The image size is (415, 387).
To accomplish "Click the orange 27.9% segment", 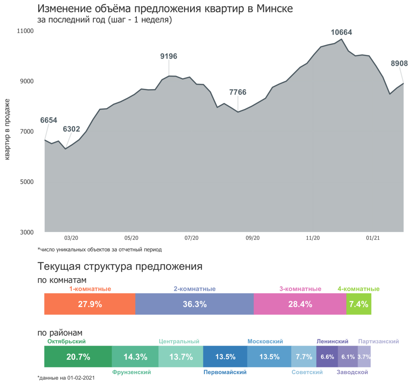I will pyautogui.click(x=90, y=304).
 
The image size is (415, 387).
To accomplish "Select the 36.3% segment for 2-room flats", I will pyautogui.click(x=194, y=304).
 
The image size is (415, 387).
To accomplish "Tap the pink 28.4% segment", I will pyautogui.click(x=300, y=304).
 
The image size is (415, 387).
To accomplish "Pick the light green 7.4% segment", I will pyautogui.click(x=359, y=304).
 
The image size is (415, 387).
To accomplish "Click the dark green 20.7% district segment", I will pyautogui.click(x=78, y=357).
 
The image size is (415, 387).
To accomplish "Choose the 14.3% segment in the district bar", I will pyautogui.click(x=135, y=357).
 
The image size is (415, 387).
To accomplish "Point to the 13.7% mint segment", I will pyautogui.click(x=181, y=357).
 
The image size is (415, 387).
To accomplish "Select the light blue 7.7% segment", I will pyautogui.click(x=304, y=357).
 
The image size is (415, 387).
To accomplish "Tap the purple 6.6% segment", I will pyautogui.click(x=327, y=357).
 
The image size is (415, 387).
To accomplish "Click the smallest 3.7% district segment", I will pyautogui.click(x=364, y=357).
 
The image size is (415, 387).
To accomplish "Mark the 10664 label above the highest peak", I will pyautogui.click(x=342, y=33).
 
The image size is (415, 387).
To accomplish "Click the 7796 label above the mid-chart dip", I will pyautogui.click(x=237, y=93).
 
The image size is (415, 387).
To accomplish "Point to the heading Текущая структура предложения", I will pyautogui.click(x=120, y=266).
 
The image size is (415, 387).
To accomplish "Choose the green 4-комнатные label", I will pyautogui.click(x=358, y=289).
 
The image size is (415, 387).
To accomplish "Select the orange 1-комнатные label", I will pyautogui.click(x=90, y=289).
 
